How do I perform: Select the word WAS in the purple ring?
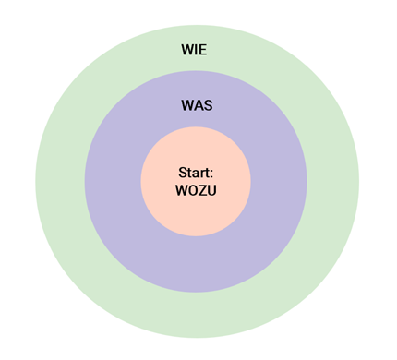click(x=196, y=105)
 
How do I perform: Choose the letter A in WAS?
click(x=197, y=105)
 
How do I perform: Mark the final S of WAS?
click(x=208, y=105)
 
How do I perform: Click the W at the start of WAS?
click(x=186, y=105)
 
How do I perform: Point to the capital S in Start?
click(x=181, y=173)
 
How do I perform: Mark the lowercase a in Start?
click(x=195, y=174)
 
